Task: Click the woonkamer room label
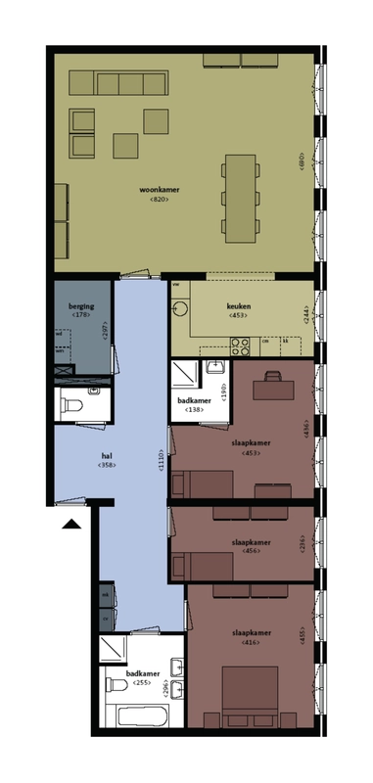pos(161,188)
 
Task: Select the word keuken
pos(238,306)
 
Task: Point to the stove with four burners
pos(241,345)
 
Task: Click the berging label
pos(80,306)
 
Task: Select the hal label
pos(107,455)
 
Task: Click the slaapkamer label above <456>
pos(251,540)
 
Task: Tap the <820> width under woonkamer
pos(161,200)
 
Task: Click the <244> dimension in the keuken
pos(306,315)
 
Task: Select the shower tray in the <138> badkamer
pos(184,377)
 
